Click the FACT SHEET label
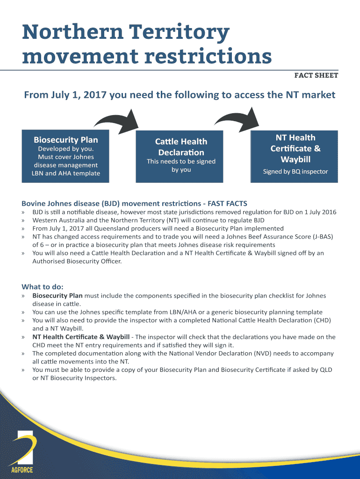(x=316, y=75)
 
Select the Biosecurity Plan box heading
(x=66, y=140)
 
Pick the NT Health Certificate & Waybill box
(x=295, y=154)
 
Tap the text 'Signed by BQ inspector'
(x=295, y=171)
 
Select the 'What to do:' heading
(x=43, y=286)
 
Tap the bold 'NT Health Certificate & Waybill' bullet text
(x=81, y=337)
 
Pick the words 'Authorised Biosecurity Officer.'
(x=77, y=261)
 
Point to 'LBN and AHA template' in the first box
(x=66, y=174)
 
